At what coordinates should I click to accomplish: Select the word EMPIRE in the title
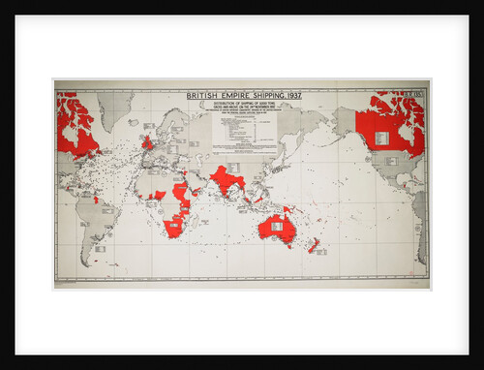pyautogui.click(x=229, y=96)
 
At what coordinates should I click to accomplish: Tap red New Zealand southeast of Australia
pyautogui.click(x=314, y=245)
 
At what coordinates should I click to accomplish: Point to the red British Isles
pyautogui.click(x=146, y=142)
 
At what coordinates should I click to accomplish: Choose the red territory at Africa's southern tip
pyautogui.click(x=175, y=229)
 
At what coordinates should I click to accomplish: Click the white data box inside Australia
pyautogui.click(x=277, y=226)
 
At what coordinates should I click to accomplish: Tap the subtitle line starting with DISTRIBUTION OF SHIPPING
pyautogui.click(x=243, y=104)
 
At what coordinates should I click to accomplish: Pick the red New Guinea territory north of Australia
pyautogui.click(x=287, y=207)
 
